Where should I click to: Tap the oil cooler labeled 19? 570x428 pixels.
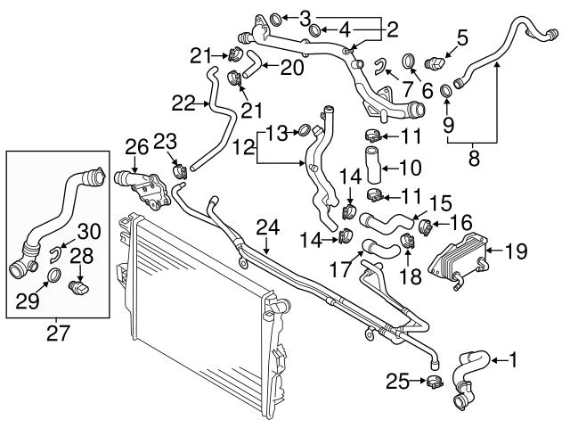[x=459, y=259]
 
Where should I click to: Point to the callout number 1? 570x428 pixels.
[x=513, y=360]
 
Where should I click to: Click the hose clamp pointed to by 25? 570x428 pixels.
[x=436, y=383]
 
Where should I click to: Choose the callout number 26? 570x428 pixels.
[x=136, y=144]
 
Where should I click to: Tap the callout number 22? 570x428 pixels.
[x=182, y=103]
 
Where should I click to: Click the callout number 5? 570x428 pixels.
[x=461, y=37]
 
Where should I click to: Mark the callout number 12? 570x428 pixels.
[x=243, y=146]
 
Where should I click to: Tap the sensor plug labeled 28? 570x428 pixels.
[x=78, y=286]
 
